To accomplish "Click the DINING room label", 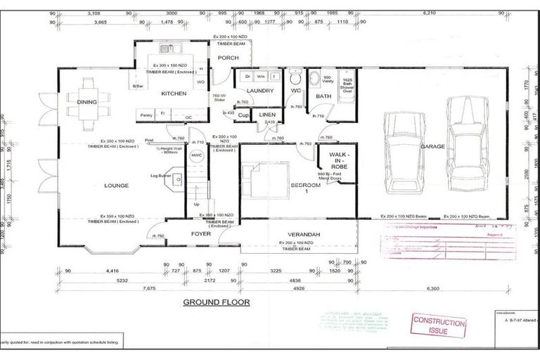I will (87, 102).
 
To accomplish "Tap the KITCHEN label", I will (173, 94).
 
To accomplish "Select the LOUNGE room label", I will (116, 186).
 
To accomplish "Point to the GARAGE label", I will (432, 147).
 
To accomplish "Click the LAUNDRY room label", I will (261, 91).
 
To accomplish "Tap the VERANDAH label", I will (304, 234).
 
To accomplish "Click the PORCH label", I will (229, 58).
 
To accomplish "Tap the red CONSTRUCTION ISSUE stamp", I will (439, 328).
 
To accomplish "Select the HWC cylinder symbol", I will (197, 155).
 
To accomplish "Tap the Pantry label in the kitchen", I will (146, 115).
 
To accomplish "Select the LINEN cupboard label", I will (267, 114).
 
